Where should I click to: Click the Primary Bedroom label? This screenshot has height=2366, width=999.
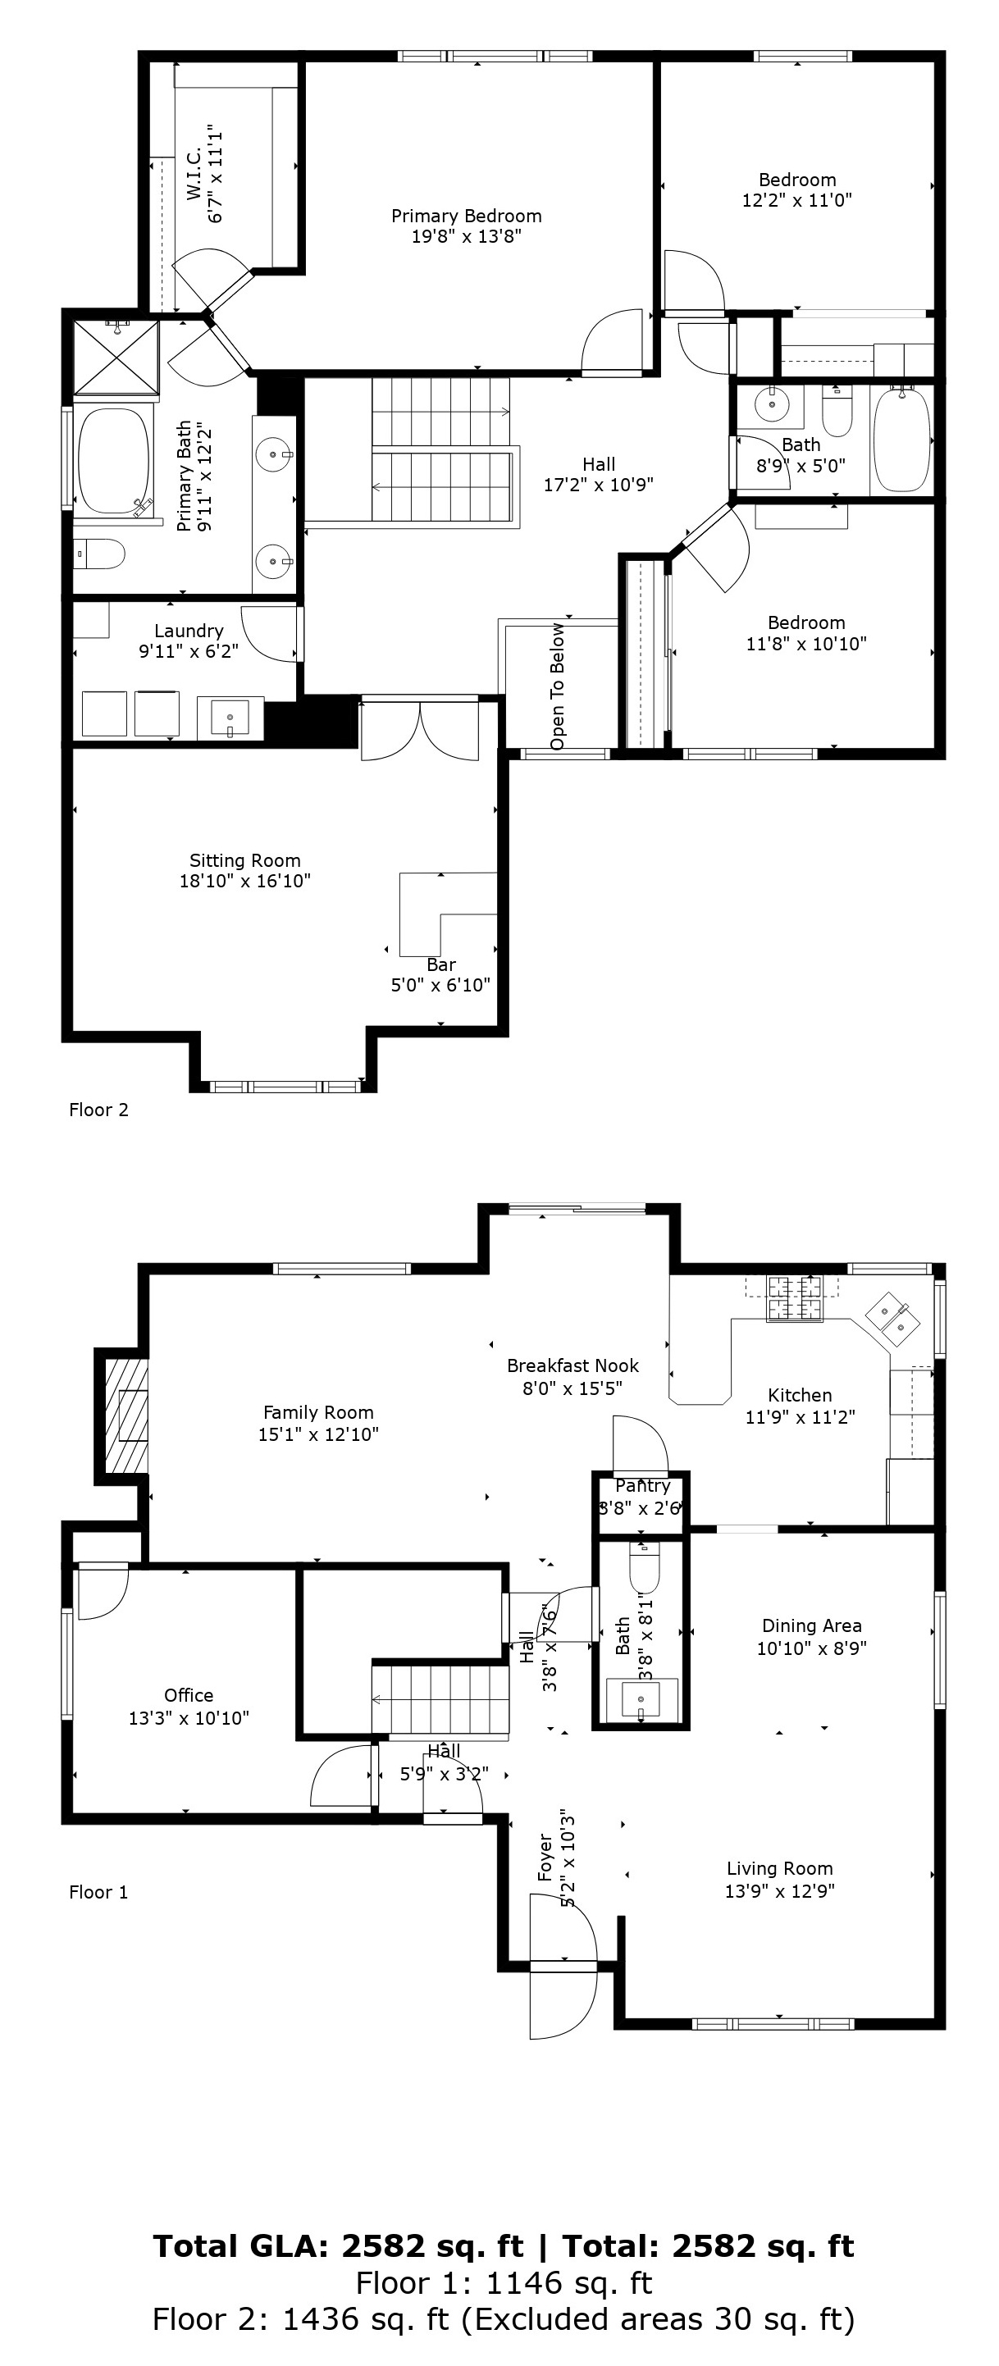tap(467, 216)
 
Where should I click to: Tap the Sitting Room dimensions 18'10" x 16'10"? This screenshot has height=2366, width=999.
tap(245, 881)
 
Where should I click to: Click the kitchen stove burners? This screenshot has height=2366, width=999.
tap(794, 1299)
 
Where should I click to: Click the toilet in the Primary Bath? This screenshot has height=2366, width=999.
tap(99, 554)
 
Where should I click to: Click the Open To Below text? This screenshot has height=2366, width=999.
tap(558, 687)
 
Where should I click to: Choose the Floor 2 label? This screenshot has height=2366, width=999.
tap(98, 1110)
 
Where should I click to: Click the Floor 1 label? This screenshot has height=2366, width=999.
tap(98, 1892)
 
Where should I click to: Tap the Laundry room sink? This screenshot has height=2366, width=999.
tap(230, 717)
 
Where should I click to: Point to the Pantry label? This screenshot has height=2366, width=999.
tap(643, 1485)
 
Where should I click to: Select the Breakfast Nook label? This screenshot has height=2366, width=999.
tap(573, 1365)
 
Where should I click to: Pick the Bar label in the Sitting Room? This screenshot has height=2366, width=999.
tap(440, 964)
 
